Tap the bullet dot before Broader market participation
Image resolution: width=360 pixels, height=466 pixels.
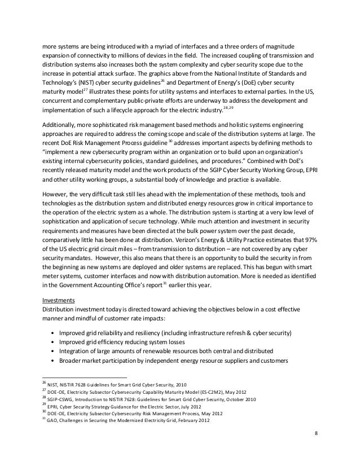pos(52,361)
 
